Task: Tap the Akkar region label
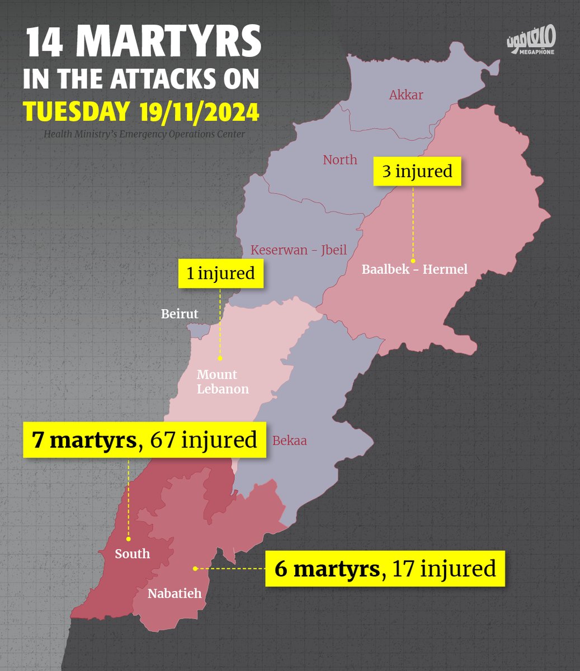coord(406,95)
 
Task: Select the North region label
coord(339,160)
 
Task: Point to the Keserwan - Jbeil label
coord(299,250)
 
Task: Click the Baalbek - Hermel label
coord(414,270)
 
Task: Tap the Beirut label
coord(180,314)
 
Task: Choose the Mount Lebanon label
coord(223,382)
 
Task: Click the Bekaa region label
coord(289,441)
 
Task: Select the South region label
coord(133,554)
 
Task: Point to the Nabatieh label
coord(175,593)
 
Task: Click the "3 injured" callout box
coord(417,171)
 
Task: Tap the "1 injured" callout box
coord(220,273)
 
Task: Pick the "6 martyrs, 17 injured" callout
coord(385,569)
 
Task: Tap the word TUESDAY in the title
coord(76,112)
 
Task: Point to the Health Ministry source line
coord(144,134)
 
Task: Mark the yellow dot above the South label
coord(129,539)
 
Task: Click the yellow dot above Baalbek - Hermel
coord(413,260)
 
